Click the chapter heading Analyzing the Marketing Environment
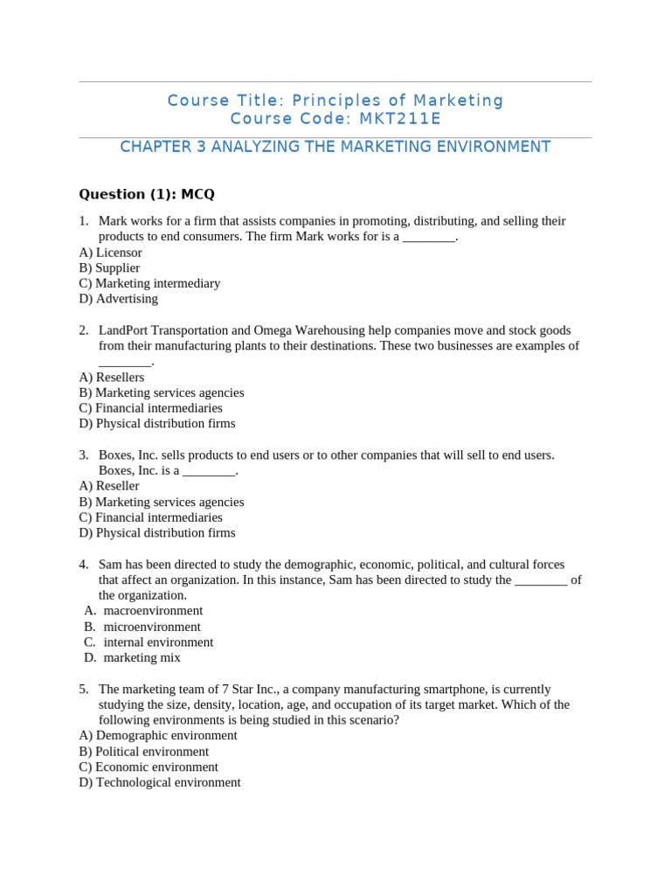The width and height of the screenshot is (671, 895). point(335,147)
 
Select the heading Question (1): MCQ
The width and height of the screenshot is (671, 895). point(146,194)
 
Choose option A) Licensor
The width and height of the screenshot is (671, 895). point(110,253)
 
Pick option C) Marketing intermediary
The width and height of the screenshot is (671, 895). point(149,283)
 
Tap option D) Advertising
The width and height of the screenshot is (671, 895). point(118,299)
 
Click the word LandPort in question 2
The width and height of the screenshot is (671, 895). point(125,330)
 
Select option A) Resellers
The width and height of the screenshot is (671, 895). point(112,378)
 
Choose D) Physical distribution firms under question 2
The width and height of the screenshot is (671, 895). point(157,424)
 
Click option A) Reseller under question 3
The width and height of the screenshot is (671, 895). point(109,486)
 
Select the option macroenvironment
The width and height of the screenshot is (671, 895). point(153,611)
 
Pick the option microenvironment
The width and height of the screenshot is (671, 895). point(152,627)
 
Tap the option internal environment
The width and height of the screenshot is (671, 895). point(158,642)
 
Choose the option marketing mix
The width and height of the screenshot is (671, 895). point(142,658)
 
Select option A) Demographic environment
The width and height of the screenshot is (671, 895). point(158,736)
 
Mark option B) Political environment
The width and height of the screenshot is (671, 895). point(144,752)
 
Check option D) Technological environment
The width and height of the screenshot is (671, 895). point(160,782)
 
